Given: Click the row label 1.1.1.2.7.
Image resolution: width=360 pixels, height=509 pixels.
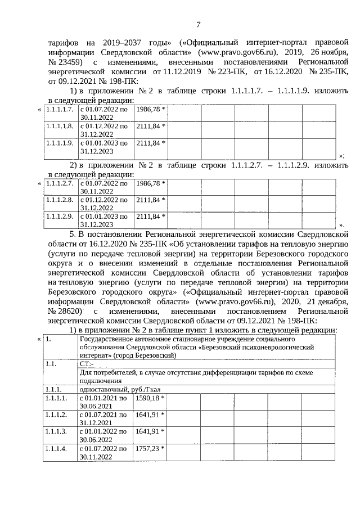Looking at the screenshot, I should click(59, 183).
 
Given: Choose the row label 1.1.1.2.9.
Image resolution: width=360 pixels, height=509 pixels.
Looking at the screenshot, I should click(59, 216).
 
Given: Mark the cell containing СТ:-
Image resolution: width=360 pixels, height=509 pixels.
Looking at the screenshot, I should click(86, 364).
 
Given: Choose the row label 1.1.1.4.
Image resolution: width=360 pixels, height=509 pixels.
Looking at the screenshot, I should click(57, 449).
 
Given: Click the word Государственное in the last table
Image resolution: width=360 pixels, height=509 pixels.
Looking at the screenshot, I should click(109, 339).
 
